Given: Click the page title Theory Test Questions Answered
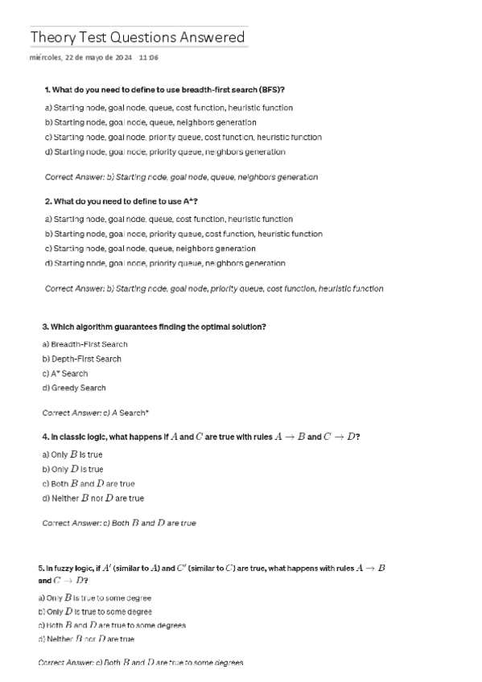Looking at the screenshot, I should (138, 38).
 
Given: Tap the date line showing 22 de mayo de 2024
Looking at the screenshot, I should (80, 58).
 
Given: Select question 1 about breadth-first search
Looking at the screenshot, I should (165, 88).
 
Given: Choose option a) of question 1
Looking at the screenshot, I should (169, 108).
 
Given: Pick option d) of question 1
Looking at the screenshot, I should (165, 152).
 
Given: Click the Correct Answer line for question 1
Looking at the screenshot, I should (181, 177).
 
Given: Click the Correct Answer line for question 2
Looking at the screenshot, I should (214, 288).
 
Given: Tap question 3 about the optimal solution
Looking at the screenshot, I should (154, 327).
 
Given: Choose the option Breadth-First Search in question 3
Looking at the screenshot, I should (84, 344).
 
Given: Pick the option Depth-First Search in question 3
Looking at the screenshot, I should (82, 359).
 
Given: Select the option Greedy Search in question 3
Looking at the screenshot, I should (74, 388).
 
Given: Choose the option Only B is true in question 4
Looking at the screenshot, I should (72, 454).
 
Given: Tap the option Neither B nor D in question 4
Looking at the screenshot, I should (93, 499).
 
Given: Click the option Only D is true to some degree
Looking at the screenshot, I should (95, 612).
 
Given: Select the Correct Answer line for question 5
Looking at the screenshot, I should (141, 663).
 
